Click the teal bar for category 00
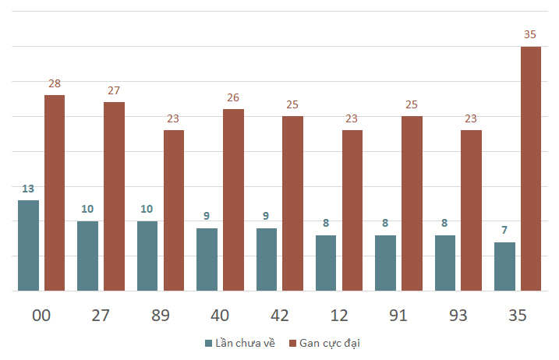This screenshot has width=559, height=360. tap(29, 245)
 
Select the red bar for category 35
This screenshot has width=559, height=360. tap(531, 168)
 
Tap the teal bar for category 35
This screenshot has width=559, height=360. tap(504, 266)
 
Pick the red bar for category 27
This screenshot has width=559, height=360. tap(115, 196)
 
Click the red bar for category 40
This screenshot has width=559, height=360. tap(234, 200)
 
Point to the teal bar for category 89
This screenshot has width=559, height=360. tap(147, 256)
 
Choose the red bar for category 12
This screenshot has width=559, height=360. tap(352, 210)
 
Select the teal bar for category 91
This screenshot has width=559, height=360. tap(385, 263)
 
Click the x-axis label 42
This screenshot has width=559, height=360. tap(279, 316)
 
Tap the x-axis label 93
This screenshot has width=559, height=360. tap(458, 316)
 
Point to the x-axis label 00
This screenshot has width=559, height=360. tap(41, 316)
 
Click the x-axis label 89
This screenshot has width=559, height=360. tap(161, 316)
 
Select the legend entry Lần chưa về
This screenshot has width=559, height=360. tap(240, 343)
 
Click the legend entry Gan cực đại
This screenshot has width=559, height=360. tap(324, 343)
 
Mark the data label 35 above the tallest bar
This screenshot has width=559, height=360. tap(530, 34)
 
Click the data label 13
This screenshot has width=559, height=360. tap(28, 189)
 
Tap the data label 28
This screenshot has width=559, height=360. tap(55, 83)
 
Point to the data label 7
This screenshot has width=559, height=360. tap(504, 230)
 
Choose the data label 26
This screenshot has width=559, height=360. tap(233, 97)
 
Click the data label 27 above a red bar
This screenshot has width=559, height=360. tap(114, 90)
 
